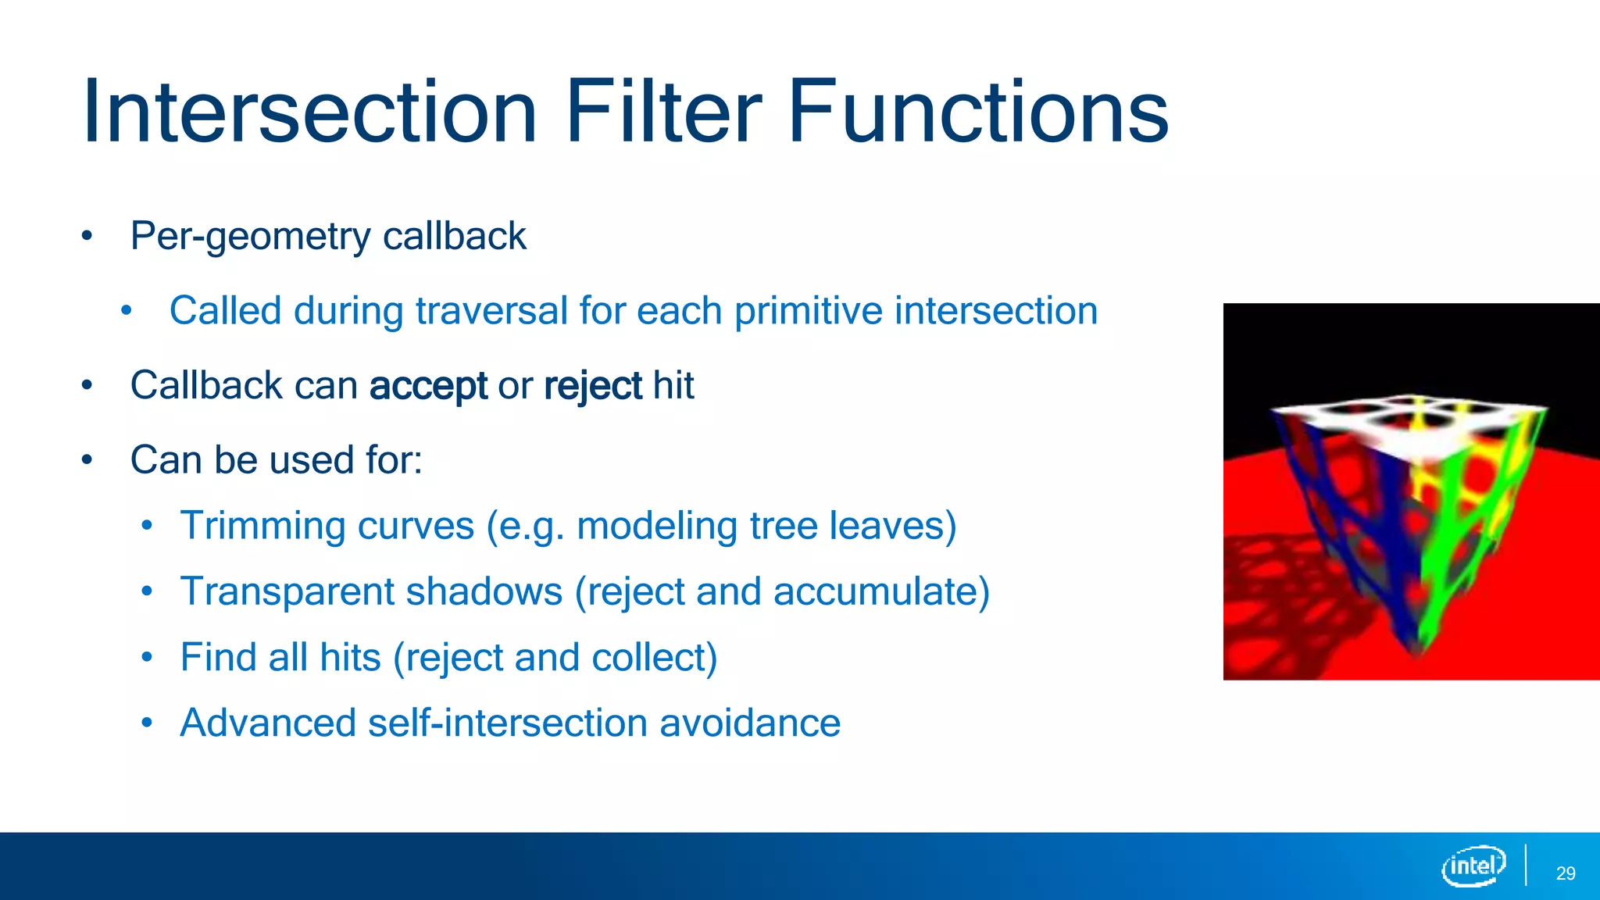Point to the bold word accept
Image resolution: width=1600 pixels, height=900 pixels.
pyautogui.click(x=428, y=386)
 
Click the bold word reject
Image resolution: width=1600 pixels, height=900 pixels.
pyautogui.click(x=593, y=386)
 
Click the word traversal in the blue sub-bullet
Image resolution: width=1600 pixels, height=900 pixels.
pyautogui.click(x=491, y=311)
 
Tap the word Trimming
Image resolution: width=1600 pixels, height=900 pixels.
pyautogui.click(x=262, y=526)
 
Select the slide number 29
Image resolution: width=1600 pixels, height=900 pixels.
pyautogui.click(x=1565, y=873)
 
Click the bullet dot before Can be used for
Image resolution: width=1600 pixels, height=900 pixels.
pyautogui.click(x=87, y=460)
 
